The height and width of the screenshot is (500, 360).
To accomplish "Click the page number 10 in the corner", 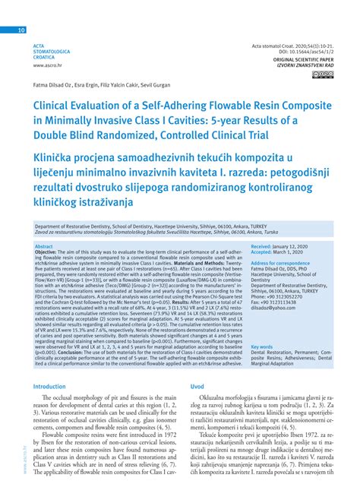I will [21, 30].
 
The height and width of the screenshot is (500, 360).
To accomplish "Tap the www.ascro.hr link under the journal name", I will [47, 65].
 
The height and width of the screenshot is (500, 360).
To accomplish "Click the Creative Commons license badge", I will [317, 74].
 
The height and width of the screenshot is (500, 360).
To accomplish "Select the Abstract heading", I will [44, 246].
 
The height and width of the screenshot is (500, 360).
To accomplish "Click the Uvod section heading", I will [197, 386].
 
